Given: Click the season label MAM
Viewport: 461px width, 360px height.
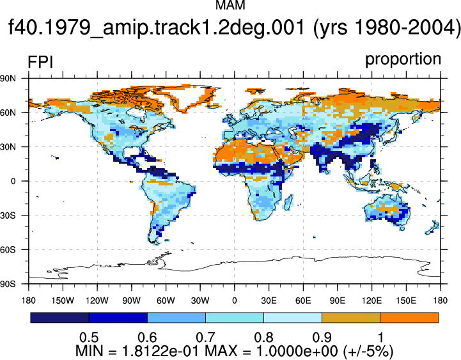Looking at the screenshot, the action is (230, 5).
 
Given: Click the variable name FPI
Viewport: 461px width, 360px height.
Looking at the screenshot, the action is (40, 63).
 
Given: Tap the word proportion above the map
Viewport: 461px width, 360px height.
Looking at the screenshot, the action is (403, 59).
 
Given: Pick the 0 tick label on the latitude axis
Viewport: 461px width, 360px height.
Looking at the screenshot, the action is (13, 181).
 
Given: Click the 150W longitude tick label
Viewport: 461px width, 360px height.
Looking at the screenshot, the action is (63, 301).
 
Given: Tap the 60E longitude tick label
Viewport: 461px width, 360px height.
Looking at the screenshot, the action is (303, 301).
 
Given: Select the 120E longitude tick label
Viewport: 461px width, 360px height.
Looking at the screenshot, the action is (371, 301).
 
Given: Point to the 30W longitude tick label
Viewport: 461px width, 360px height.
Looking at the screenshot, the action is (200, 301).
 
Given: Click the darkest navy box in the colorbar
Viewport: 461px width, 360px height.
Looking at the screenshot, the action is (59, 318).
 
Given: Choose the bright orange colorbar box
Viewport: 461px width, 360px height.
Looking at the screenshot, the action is (409, 318).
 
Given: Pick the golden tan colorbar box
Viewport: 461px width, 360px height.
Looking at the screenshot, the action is (351, 318).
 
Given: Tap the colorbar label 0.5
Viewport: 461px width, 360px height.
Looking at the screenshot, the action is (89, 338).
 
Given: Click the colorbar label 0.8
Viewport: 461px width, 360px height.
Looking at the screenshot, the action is (263, 338).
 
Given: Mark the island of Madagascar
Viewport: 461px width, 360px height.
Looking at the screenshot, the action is (288, 202).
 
